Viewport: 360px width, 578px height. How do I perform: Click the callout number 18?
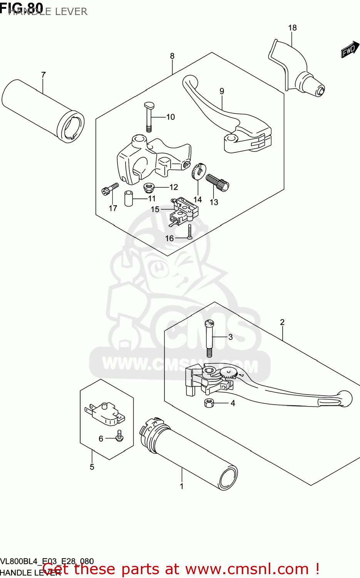(292, 28)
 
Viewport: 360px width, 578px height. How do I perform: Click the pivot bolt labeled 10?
(149, 115)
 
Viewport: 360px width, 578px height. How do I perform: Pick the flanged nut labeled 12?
(149, 188)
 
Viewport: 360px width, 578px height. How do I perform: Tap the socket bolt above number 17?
(109, 189)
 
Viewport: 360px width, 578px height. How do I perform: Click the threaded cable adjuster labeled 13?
(217, 182)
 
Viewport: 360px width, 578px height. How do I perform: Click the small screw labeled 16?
(190, 232)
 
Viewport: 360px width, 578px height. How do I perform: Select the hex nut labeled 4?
(209, 403)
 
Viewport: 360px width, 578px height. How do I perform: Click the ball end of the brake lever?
(345, 398)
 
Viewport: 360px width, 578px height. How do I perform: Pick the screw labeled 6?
(119, 436)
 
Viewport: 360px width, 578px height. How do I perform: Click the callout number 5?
(92, 467)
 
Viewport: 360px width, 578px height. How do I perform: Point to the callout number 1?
(182, 486)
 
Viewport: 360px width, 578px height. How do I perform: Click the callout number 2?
(282, 322)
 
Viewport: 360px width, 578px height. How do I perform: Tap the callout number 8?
(172, 56)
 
